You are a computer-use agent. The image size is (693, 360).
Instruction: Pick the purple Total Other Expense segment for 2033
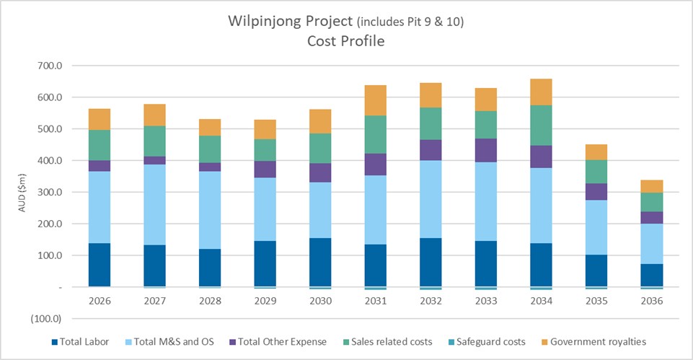pos(485,150)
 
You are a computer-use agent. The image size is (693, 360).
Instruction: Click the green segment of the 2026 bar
pos(99,144)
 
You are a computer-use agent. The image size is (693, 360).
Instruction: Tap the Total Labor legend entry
pos(80,341)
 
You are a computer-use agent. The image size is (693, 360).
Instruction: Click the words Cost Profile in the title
pos(346,41)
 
